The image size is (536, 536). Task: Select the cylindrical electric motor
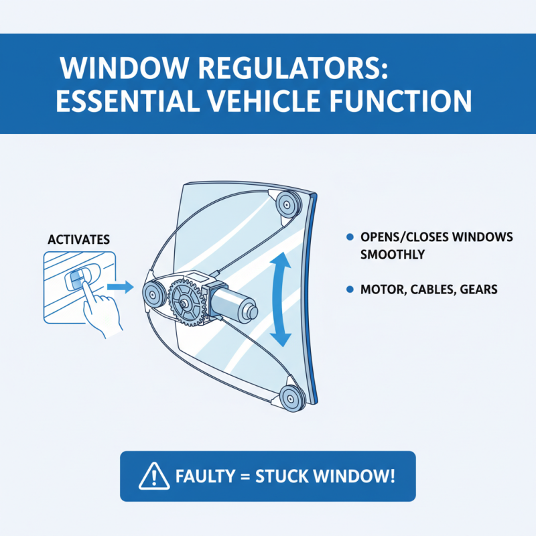click(231, 303)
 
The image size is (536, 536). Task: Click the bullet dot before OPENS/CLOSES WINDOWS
click(349, 238)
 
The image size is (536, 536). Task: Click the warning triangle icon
click(151, 476)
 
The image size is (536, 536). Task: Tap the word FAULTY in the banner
click(201, 476)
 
